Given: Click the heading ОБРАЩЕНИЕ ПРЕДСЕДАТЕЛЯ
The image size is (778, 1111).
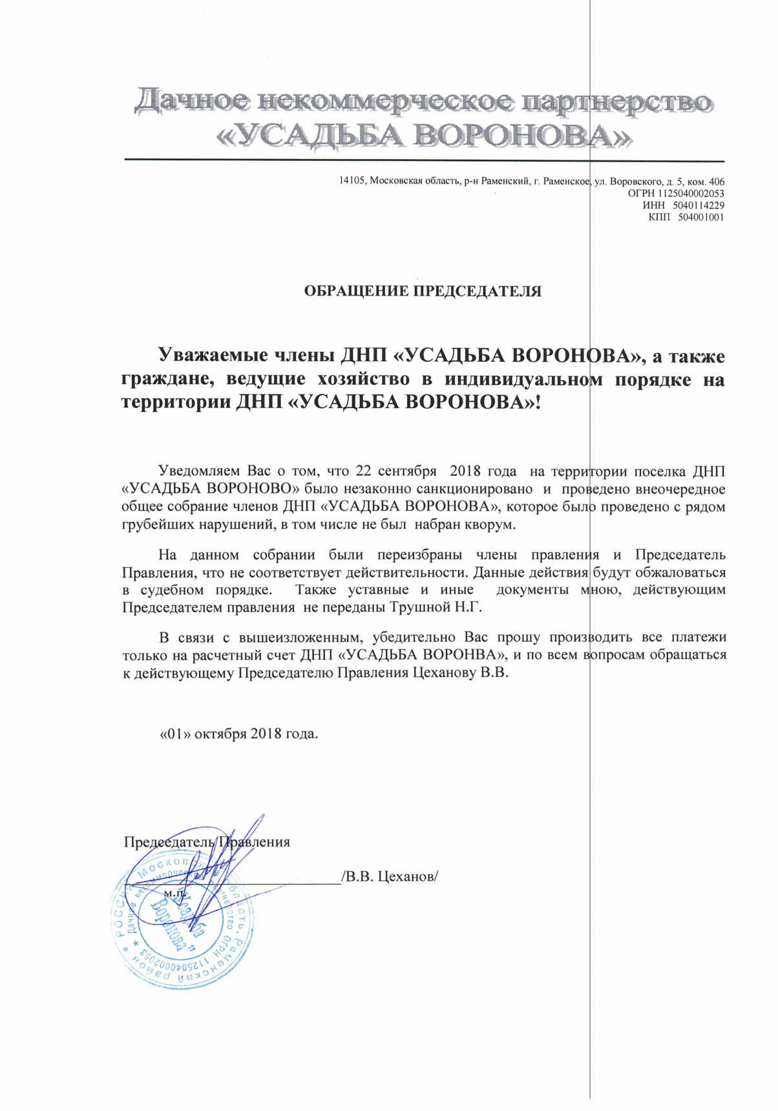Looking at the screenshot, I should click(423, 291).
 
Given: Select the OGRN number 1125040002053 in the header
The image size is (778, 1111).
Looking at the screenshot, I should click(691, 193).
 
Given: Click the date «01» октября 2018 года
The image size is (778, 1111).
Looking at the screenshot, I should click(239, 734).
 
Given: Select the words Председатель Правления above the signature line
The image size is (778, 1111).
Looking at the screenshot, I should click(207, 842).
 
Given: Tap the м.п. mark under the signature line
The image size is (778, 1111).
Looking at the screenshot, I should click(175, 892).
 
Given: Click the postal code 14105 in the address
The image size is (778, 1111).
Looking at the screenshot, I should click(352, 182).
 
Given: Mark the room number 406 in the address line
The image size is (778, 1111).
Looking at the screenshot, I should click(716, 182).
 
